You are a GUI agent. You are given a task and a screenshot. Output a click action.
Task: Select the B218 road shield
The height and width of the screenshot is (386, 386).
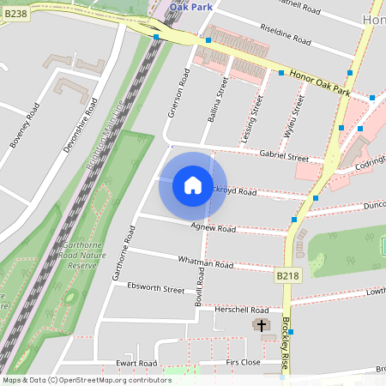point(288,275)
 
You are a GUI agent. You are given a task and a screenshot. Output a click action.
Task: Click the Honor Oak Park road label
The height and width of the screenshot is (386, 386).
point(320,83)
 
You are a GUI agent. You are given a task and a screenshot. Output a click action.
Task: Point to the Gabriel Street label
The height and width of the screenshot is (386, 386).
point(284,156)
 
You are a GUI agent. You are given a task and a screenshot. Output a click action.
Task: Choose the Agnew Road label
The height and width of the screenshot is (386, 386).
point(214,228)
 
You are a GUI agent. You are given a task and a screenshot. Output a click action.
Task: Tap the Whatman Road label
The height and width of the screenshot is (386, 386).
point(206,262)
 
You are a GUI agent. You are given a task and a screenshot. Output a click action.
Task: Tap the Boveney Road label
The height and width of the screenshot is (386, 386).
point(25,124)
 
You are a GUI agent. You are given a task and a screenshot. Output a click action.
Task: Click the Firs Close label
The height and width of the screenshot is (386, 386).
point(243,363)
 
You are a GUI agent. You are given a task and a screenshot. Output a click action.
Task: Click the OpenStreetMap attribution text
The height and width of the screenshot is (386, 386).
point(87,379)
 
